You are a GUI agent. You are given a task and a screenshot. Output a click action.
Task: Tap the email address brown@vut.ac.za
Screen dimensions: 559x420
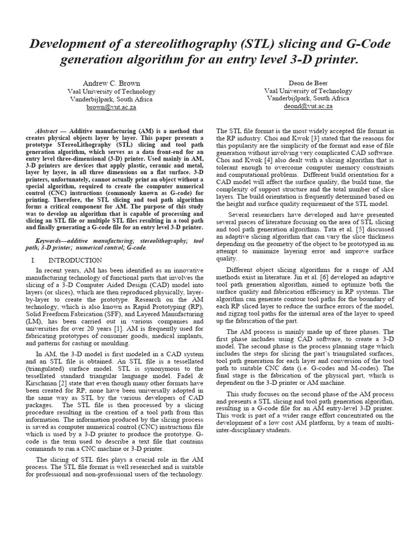(112, 108)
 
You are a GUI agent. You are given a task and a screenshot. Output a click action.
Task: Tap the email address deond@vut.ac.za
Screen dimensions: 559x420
(308, 107)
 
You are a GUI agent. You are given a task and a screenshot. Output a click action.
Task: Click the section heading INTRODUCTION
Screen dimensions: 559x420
(75, 260)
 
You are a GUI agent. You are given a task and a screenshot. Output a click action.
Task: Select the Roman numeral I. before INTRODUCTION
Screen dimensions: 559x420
(34, 260)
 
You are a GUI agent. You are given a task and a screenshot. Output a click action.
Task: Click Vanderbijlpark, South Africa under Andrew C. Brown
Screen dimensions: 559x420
(112, 99)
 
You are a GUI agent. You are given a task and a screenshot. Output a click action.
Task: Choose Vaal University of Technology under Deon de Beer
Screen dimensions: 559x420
(308, 91)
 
